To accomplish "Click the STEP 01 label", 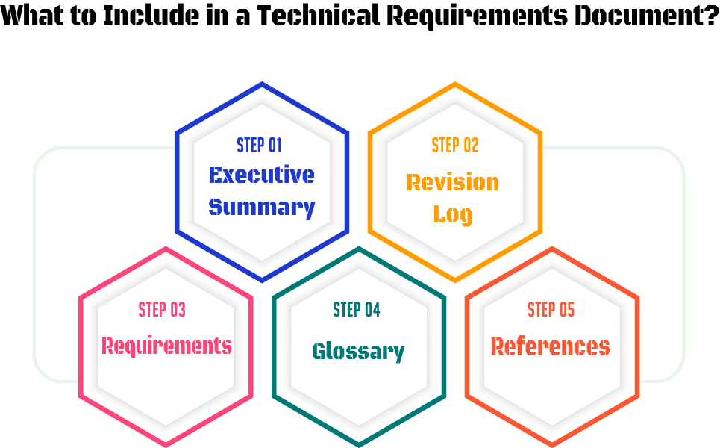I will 259,145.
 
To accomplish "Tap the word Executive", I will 261,175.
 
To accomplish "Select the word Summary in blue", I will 261,207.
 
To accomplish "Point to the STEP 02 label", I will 454,145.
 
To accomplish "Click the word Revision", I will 452,182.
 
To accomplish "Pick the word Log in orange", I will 452,214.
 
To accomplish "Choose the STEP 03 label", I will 162,309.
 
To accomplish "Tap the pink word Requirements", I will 166,346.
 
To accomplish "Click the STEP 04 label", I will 357,309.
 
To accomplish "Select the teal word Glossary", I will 358,351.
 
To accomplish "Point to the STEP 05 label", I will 551,309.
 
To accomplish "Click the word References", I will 551,346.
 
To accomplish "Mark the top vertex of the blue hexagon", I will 262,84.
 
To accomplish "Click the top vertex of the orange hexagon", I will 455,84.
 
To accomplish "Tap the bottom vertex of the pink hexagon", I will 166,444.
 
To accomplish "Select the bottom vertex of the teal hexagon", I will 359,444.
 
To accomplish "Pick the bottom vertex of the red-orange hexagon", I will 552,444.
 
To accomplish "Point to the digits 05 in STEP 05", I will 566,309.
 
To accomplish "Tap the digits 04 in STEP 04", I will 372,309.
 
